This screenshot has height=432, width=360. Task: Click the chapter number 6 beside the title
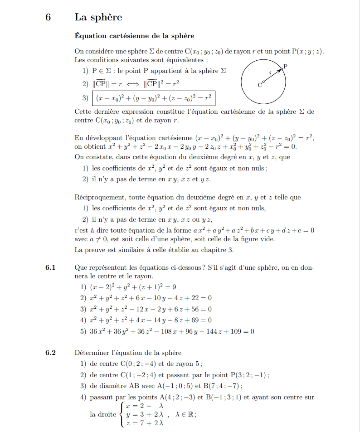[49, 18]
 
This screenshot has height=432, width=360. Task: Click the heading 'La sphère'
[98, 18]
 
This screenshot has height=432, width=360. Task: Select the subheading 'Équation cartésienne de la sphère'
[134, 35]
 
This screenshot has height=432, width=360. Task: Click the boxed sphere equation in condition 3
[153, 97]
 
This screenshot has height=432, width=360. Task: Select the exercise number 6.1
[50, 267]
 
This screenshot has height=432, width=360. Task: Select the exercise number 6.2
[50, 353]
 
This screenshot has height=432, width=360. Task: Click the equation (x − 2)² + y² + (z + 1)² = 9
[133, 287]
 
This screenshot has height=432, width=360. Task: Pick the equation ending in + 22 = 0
[151, 298]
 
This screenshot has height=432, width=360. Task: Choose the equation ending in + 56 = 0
[151, 309]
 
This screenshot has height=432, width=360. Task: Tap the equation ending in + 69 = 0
[151, 320]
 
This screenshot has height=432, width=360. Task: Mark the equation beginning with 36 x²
[172, 331]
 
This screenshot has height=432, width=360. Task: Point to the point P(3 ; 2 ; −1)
[249, 375]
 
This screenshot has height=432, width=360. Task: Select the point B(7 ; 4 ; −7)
[222, 386]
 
